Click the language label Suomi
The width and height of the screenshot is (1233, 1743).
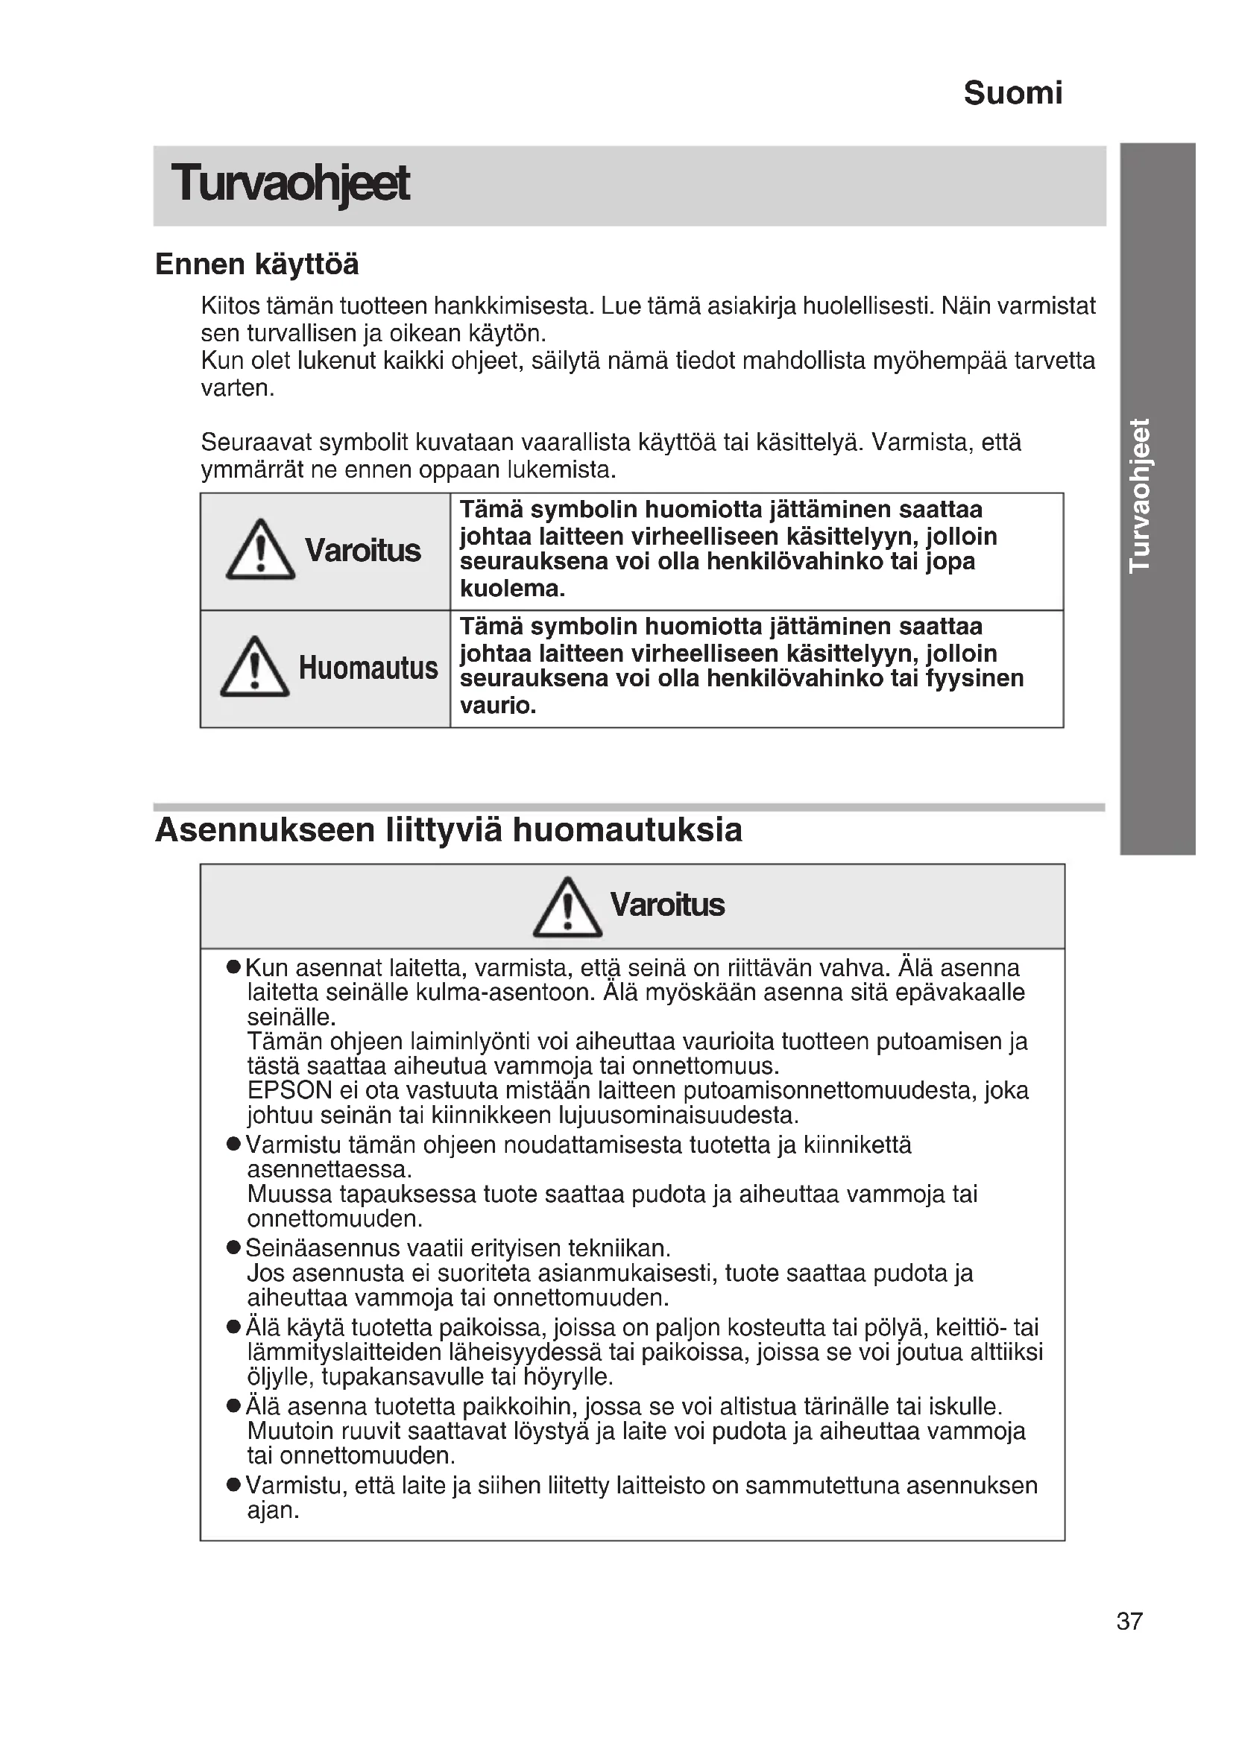1012,93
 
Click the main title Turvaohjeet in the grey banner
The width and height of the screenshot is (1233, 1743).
290,184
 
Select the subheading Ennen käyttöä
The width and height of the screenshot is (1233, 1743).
256,265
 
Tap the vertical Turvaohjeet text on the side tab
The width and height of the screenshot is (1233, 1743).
1140,495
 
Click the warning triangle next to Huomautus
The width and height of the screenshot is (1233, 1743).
255,667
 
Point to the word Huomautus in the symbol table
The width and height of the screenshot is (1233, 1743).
368,668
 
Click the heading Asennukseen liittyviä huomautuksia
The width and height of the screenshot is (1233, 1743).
448,829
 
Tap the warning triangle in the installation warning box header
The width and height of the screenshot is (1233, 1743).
567,907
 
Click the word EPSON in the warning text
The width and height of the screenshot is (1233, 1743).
290,1090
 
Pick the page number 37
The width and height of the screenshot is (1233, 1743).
1129,1621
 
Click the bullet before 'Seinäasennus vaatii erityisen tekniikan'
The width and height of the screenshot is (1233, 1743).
234,1248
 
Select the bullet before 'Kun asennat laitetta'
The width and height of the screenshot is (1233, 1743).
234,968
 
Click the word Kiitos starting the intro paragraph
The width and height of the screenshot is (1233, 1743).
230,306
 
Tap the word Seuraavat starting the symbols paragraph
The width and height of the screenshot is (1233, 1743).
256,442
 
